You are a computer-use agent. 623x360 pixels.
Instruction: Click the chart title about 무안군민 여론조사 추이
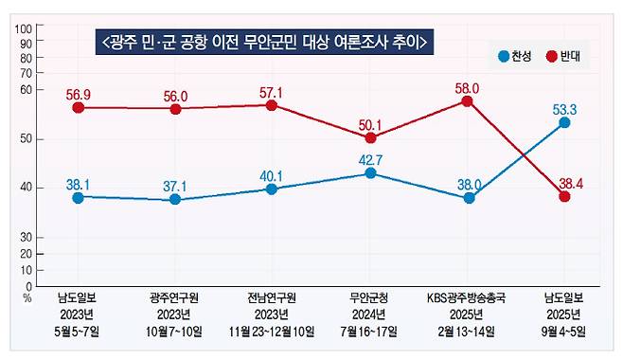click(x=264, y=43)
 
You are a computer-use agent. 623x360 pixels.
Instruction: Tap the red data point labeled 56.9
click(x=79, y=108)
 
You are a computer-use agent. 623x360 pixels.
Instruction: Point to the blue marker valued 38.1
click(x=79, y=197)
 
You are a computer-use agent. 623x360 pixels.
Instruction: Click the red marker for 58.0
click(x=468, y=100)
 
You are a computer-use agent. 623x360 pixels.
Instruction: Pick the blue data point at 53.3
click(x=564, y=122)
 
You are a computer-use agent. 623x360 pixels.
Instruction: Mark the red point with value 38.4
click(x=564, y=196)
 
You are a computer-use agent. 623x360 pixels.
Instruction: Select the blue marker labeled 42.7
click(x=370, y=173)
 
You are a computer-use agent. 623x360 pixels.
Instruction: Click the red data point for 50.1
click(x=370, y=138)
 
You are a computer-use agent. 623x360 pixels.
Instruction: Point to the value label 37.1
click(x=176, y=183)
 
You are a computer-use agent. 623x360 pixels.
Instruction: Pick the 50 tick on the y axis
click(x=27, y=139)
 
